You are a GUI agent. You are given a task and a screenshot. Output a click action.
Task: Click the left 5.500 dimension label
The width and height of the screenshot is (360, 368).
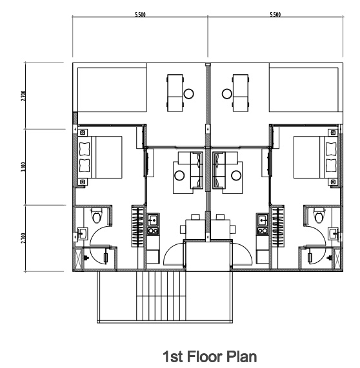[x=140, y=14]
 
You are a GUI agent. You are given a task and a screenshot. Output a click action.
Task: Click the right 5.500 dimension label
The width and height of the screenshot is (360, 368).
[x=275, y=14]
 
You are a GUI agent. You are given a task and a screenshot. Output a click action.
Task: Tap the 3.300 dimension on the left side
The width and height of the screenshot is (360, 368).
[x=23, y=167]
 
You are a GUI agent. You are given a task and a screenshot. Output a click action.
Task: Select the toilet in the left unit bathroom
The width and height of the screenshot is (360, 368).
[x=97, y=215]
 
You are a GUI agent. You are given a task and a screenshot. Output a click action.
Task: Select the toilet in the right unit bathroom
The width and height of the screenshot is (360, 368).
[x=319, y=215]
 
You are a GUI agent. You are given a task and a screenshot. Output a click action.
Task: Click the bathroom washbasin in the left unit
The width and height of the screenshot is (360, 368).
[x=83, y=233]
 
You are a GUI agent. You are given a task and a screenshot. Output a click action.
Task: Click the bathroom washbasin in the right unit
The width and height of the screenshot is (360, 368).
[x=334, y=233]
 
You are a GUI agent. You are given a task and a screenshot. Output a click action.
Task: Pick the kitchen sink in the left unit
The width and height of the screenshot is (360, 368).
[x=153, y=220]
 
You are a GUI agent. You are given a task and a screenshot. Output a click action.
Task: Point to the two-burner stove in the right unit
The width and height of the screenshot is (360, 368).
[x=263, y=231]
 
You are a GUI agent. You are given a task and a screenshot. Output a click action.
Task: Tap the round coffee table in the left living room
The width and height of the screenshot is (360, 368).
[x=179, y=175]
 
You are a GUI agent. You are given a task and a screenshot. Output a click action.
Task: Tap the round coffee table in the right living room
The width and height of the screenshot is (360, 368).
[x=236, y=175]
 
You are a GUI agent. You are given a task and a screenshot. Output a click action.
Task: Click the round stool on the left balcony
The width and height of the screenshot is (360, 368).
[x=188, y=93]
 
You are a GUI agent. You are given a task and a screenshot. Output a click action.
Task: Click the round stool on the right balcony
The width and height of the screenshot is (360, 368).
[x=227, y=93]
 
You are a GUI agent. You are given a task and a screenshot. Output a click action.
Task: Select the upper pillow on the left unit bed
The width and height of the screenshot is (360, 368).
[x=85, y=149]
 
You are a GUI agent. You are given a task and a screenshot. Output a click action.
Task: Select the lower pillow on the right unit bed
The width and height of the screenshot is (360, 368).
[x=331, y=166]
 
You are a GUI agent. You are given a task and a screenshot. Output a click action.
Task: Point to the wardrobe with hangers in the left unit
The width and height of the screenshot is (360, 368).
[x=137, y=226]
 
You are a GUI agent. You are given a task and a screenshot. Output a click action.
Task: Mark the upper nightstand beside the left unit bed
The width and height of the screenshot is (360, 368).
[x=83, y=133]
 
